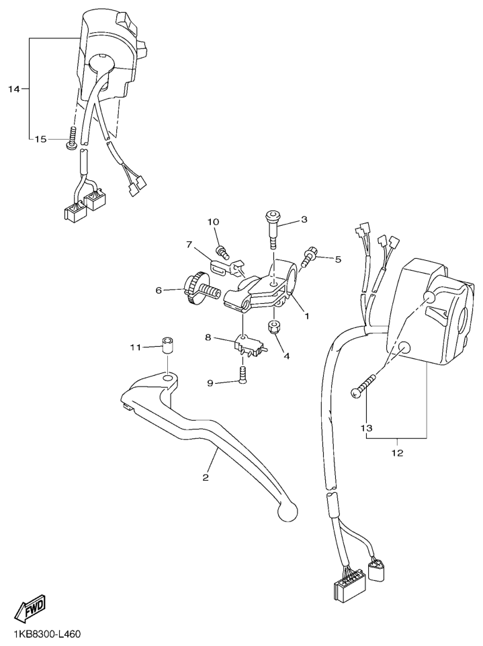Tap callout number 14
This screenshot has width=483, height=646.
tap(14, 89)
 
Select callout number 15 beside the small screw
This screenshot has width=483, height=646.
tap(40, 139)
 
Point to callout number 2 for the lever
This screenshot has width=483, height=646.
tap(206, 477)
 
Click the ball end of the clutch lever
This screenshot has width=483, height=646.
tap(288, 512)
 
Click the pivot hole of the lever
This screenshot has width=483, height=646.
tap(167, 378)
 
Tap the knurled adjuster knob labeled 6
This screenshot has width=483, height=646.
tap(198, 290)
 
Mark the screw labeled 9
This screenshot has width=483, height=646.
tap(243, 375)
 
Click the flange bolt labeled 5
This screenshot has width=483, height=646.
tap(308, 257)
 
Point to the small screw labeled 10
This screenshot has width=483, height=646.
tap(222, 250)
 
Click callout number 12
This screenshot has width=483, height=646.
tap(398, 453)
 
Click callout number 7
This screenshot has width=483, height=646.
tap(189, 245)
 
